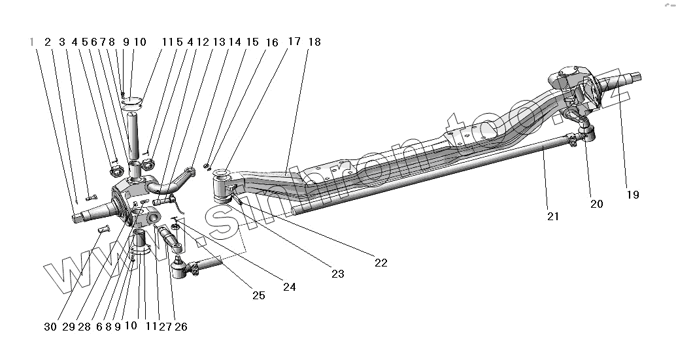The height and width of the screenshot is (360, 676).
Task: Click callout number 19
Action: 632,194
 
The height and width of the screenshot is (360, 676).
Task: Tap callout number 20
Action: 596,204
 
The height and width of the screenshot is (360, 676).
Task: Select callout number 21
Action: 553,217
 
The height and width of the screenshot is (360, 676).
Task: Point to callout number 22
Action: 380,263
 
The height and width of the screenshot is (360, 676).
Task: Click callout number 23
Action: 337,274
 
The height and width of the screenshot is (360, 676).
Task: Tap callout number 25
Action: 258,295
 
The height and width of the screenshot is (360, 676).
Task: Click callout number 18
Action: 314,42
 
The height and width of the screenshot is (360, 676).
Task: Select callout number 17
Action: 294,42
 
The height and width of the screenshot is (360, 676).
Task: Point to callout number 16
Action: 271,42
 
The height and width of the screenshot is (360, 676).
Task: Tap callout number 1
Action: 31,42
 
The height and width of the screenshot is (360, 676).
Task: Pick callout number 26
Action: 180,327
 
